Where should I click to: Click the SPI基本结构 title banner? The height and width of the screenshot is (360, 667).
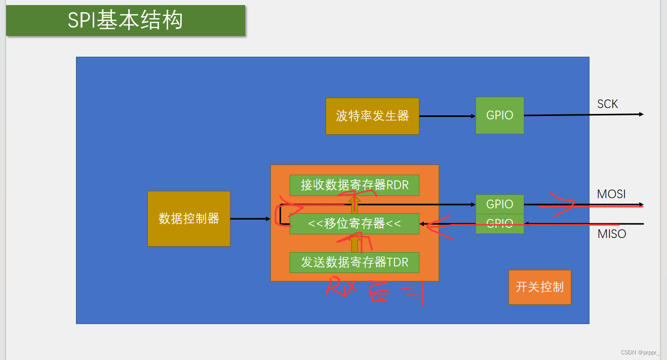(125, 21)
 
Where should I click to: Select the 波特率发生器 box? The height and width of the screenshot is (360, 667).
(372, 116)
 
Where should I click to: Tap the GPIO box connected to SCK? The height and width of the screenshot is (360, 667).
(499, 115)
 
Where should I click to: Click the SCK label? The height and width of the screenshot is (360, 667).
(607, 104)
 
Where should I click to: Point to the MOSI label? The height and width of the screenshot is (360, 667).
(611, 194)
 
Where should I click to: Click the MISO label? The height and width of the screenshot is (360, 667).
(611, 234)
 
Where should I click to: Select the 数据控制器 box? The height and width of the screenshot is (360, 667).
(189, 219)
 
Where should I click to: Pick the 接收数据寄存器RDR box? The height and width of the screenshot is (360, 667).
(354, 185)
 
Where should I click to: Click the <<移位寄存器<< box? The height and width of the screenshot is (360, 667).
(354, 224)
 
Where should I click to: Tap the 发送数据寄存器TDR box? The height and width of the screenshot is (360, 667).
(354, 262)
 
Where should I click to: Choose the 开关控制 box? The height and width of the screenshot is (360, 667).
(539, 287)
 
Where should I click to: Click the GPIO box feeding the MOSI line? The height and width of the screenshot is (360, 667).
(499, 204)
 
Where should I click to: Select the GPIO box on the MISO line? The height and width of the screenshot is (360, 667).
(499, 224)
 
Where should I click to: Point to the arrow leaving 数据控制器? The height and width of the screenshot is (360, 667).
(250, 219)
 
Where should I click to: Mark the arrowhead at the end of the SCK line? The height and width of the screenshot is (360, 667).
(641, 114)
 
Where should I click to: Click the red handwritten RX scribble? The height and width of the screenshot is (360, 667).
(342, 287)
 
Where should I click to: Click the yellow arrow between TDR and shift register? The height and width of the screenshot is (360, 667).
(355, 243)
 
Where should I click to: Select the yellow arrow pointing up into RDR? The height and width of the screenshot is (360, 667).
(355, 204)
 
